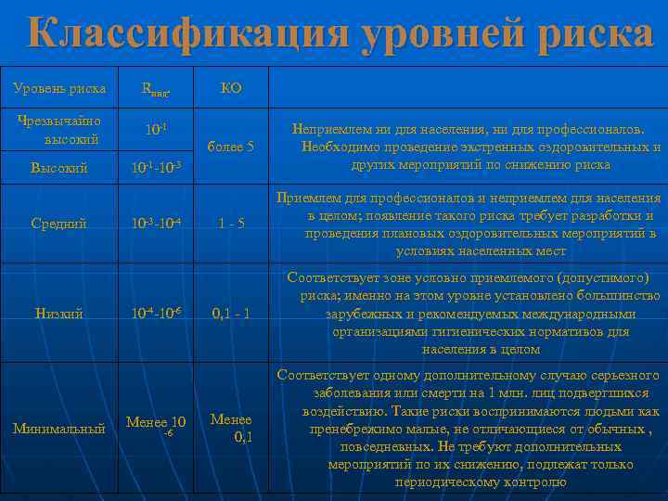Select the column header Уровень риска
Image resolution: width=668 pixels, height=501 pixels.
(59, 89)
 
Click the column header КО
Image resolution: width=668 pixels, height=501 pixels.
(231, 89)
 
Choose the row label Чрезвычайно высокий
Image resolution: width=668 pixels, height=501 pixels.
(58, 130)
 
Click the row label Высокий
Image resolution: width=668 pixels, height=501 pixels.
(58, 168)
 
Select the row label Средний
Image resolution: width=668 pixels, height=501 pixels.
(58, 224)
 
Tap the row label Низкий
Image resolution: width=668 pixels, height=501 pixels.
(58, 314)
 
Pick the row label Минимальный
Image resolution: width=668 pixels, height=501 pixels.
(58, 429)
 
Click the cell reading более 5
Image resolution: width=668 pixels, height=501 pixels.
(231, 147)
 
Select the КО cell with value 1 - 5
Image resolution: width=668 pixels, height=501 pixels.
(231, 224)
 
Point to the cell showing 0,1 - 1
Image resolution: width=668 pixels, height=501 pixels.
(231, 314)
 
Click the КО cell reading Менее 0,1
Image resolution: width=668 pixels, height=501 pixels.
(231, 428)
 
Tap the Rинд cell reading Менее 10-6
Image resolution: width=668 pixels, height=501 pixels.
(157, 425)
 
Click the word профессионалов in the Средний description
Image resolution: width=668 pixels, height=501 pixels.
(417, 198)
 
